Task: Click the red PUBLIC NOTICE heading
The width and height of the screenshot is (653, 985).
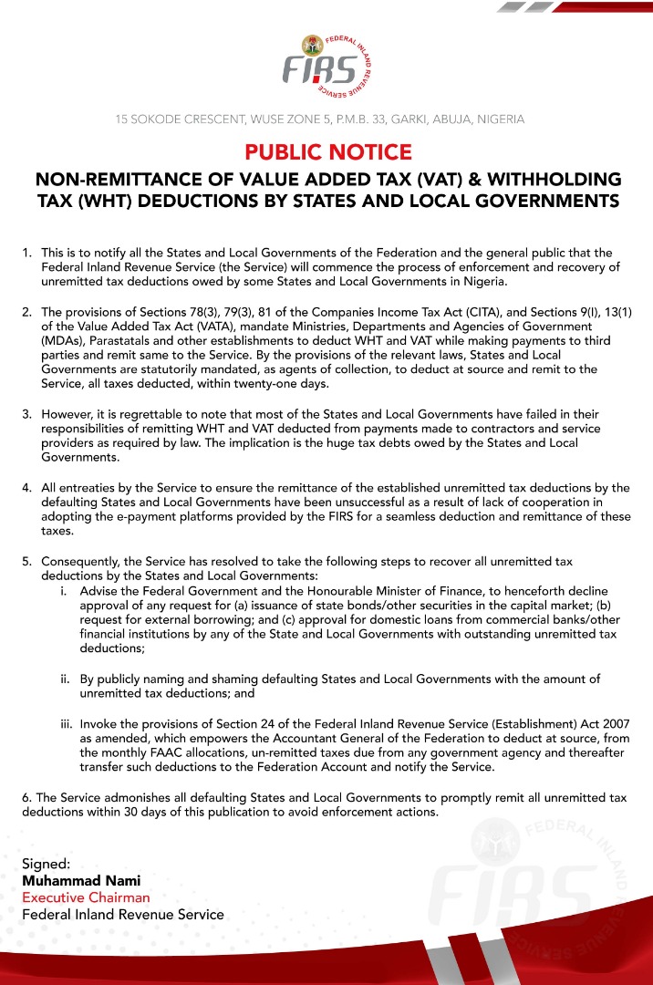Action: coord(327,151)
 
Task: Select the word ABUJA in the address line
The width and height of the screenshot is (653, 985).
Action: coord(433,119)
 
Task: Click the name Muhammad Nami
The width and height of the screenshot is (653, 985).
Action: coord(81,881)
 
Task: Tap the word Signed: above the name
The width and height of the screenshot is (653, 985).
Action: coord(47,864)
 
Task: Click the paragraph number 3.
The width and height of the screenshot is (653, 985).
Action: coord(27,415)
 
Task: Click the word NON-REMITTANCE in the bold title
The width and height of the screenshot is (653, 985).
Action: coord(129,179)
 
